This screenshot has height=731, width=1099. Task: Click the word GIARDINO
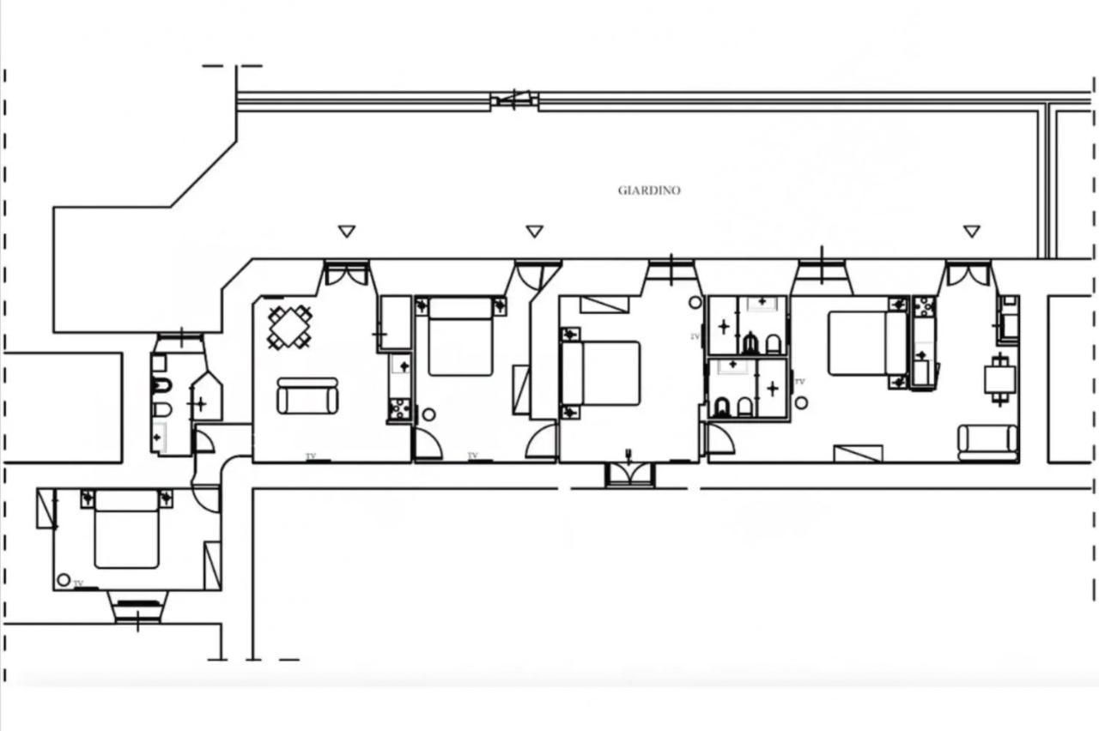point(649,190)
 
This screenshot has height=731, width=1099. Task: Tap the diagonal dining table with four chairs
point(289,327)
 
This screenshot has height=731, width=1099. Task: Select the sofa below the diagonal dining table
point(307,396)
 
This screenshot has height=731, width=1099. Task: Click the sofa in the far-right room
point(988,444)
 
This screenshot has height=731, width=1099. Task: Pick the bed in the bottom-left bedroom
point(126,529)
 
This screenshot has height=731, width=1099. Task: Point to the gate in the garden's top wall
point(513,100)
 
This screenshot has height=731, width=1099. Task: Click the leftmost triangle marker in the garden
point(347,231)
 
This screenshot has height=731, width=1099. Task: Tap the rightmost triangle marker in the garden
point(971,231)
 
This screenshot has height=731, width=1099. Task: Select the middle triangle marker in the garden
point(534,231)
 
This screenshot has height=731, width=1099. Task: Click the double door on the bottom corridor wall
point(630,474)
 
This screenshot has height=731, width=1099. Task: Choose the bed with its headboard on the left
point(600,373)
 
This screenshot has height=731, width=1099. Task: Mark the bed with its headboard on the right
point(867,344)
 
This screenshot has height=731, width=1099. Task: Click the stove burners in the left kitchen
point(400,409)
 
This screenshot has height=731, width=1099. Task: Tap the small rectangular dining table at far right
point(1000,380)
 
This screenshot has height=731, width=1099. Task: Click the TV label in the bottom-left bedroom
point(78,583)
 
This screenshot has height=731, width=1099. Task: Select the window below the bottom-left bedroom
point(138,607)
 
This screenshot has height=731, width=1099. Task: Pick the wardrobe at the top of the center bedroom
point(604,305)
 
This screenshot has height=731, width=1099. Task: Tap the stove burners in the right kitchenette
point(925,307)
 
